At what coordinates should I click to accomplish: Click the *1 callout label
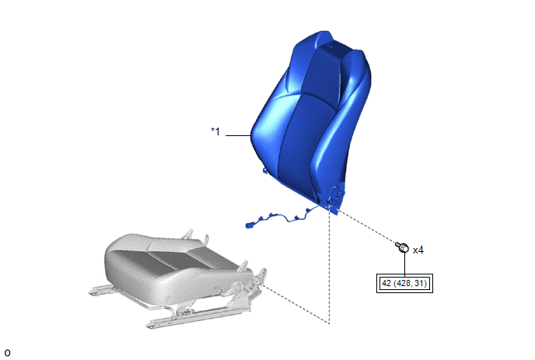tap(215, 131)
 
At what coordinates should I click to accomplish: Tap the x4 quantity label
tap(418, 250)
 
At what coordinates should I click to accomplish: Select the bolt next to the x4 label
tap(402, 247)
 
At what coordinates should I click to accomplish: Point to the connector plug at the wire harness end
tap(250, 225)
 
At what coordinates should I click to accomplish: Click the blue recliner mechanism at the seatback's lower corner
tap(336, 198)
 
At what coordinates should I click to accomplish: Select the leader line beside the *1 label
tap(238, 135)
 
